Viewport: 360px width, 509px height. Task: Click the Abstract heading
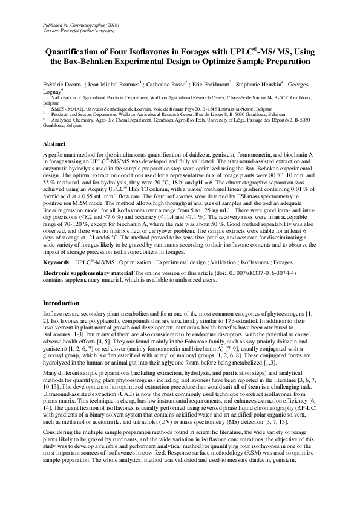(55, 144)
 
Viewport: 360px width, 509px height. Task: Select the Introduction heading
(62, 303)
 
